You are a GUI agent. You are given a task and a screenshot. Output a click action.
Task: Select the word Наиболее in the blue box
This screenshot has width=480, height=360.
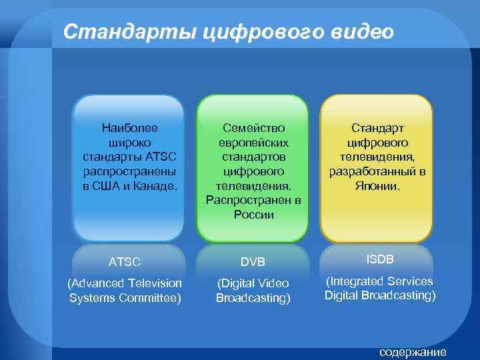click(x=129, y=126)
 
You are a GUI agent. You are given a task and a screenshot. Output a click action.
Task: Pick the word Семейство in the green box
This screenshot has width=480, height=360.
click(x=253, y=127)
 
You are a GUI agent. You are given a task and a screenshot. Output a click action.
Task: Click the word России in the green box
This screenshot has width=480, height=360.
click(x=253, y=215)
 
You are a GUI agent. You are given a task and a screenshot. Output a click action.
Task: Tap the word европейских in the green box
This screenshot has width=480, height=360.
click(x=253, y=142)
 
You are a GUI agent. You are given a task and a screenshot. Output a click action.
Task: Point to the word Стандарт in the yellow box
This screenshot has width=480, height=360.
click(x=378, y=127)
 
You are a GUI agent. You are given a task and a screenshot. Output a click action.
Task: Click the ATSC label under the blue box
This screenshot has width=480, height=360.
click(x=125, y=262)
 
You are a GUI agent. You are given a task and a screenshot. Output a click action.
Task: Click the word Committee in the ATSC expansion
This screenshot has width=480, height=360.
click(x=154, y=297)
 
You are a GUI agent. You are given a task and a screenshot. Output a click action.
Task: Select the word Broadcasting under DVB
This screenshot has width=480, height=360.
click(x=253, y=299)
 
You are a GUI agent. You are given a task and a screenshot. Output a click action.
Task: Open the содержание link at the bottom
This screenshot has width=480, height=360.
click(x=412, y=353)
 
